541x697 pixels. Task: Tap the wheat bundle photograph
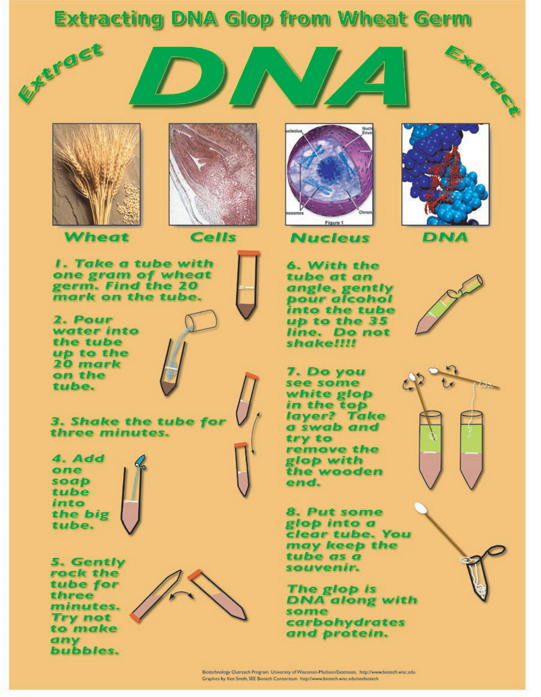tap(96, 174)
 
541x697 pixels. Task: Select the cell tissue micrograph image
tap(213, 174)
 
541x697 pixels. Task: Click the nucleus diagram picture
tap(329, 174)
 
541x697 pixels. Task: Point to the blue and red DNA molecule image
tap(445, 174)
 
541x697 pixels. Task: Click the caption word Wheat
tap(96, 237)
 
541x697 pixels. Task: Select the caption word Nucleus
tap(330, 238)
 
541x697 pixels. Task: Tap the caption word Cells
tap(213, 237)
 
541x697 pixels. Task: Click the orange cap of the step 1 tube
tap(248, 253)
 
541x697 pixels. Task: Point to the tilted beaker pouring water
tap(202, 320)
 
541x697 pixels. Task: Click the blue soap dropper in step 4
tap(140, 460)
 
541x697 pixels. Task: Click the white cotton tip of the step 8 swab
tap(421, 509)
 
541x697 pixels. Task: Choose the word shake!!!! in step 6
tap(321, 343)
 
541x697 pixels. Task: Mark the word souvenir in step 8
tap(323, 568)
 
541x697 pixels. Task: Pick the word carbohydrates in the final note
tap(345, 623)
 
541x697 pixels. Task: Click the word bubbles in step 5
tap(85, 651)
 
